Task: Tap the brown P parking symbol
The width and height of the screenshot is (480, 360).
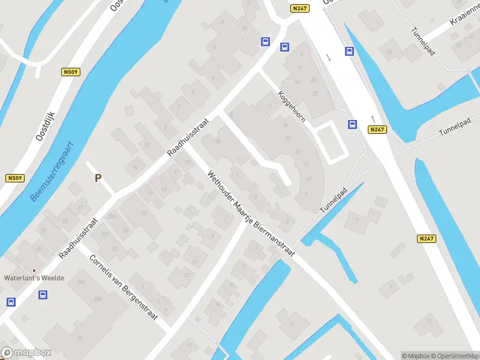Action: [98, 178]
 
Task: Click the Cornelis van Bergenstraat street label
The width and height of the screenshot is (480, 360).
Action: [123, 287]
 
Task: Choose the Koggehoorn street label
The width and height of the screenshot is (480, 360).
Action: [292, 106]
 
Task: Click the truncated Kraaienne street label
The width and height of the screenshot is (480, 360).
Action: [466, 15]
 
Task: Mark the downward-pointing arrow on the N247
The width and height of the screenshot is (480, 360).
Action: [328, 58]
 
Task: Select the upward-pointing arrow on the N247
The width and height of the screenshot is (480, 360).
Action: [373, 118]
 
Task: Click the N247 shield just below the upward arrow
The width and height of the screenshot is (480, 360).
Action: [377, 130]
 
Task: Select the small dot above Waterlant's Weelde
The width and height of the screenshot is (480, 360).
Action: [34, 271]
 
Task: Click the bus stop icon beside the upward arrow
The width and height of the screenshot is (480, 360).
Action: [352, 125]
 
